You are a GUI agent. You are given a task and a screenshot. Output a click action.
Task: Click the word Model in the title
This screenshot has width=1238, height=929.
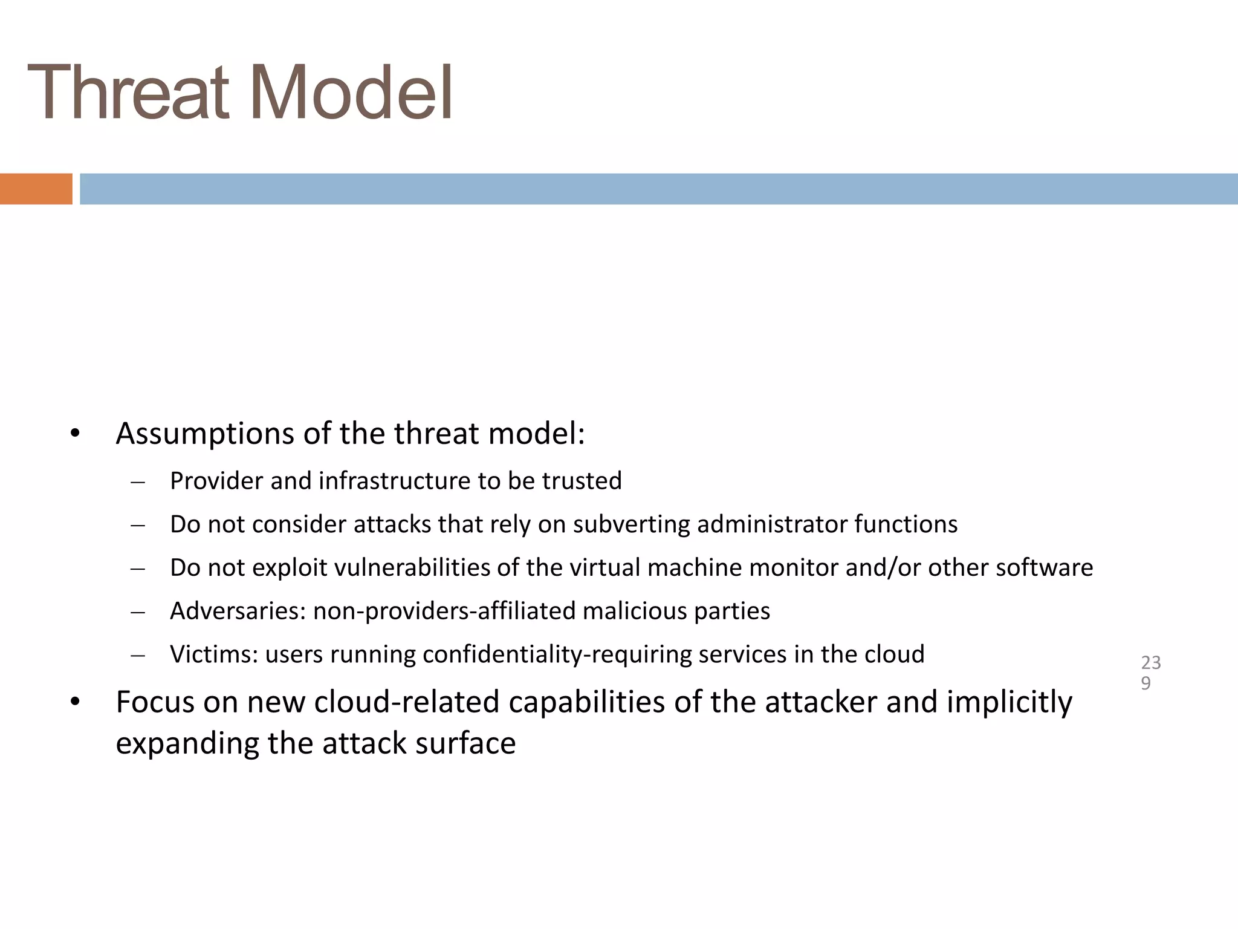point(351,94)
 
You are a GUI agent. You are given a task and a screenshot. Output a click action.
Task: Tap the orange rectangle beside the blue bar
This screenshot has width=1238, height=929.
point(36,189)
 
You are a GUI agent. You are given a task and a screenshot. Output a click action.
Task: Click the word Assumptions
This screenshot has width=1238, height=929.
point(205,434)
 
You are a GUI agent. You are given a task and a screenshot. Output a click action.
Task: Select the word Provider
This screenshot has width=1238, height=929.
point(216,481)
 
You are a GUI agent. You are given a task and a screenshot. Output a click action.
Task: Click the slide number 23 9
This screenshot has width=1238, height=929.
point(1150,673)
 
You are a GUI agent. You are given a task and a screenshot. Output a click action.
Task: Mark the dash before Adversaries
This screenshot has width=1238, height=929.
point(138,613)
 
